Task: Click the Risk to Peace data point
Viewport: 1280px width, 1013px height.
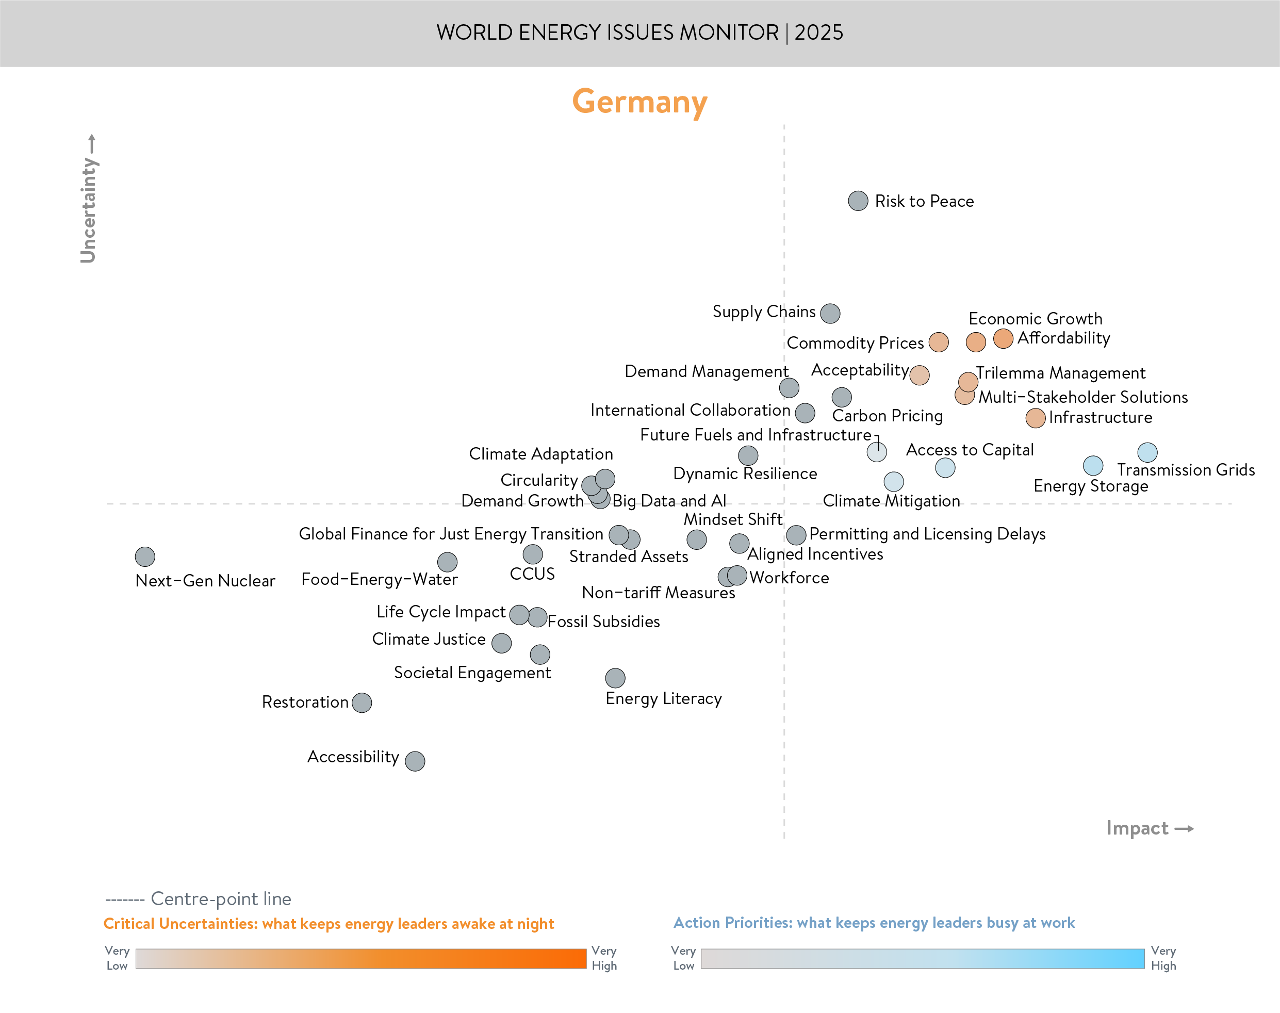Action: [x=858, y=201]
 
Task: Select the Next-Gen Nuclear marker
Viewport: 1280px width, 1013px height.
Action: [x=145, y=557]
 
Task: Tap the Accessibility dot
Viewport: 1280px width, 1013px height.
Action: [x=415, y=760]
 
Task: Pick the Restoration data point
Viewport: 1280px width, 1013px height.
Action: [x=362, y=703]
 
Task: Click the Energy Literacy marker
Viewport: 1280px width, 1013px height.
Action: [x=615, y=677]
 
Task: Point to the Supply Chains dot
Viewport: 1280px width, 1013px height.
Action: [x=830, y=313]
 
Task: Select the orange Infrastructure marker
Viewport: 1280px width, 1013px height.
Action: [x=1035, y=418]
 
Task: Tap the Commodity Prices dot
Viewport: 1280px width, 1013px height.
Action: [x=939, y=342]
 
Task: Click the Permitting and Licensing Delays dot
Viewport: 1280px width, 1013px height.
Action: [x=796, y=535]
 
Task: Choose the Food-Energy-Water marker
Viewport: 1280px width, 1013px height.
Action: [x=448, y=562]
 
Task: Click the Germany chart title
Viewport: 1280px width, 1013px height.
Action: [x=639, y=102]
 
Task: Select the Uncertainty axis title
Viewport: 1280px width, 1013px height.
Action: [x=88, y=210]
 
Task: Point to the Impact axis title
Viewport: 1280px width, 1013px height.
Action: [x=1137, y=828]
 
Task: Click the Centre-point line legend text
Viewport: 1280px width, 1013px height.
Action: [x=221, y=899]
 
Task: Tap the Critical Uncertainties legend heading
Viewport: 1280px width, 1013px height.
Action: [x=329, y=924]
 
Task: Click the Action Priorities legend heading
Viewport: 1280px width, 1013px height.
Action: [x=874, y=923]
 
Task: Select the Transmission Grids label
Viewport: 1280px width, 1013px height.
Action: [x=1186, y=470]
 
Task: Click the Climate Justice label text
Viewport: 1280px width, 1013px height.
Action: [x=429, y=640]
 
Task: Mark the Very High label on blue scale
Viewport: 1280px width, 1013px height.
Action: [x=1163, y=958]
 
